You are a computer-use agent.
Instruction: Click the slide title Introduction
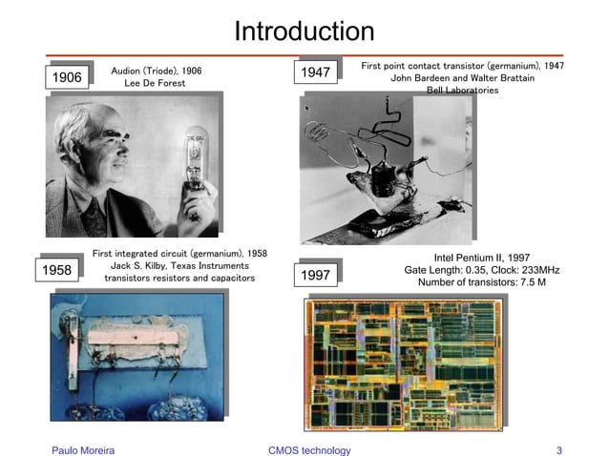pos(304,31)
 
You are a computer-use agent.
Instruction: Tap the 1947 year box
pos(316,73)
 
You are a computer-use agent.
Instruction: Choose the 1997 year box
pos(316,276)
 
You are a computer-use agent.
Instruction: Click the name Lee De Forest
pos(156,84)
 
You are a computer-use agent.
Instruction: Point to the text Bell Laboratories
pos(462,91)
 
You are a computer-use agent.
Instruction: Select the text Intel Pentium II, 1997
pos(481,258)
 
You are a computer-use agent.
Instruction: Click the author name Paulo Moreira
pos(83,450)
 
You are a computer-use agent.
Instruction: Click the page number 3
pos(558,450)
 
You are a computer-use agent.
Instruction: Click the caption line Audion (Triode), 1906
pos(157,71)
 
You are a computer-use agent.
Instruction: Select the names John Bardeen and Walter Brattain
pos(462,78)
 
